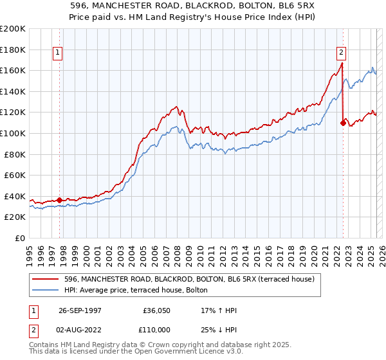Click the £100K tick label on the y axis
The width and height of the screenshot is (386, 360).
[13, 133]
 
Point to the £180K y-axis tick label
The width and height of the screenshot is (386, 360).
[13, 49]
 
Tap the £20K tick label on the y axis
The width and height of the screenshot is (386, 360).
[15, 217]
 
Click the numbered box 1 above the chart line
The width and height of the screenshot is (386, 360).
[58, 53]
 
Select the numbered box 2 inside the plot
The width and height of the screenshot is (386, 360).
[340, 53]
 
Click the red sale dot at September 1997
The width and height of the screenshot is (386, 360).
[60, 200]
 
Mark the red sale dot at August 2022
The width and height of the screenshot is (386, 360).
[342, 122]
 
